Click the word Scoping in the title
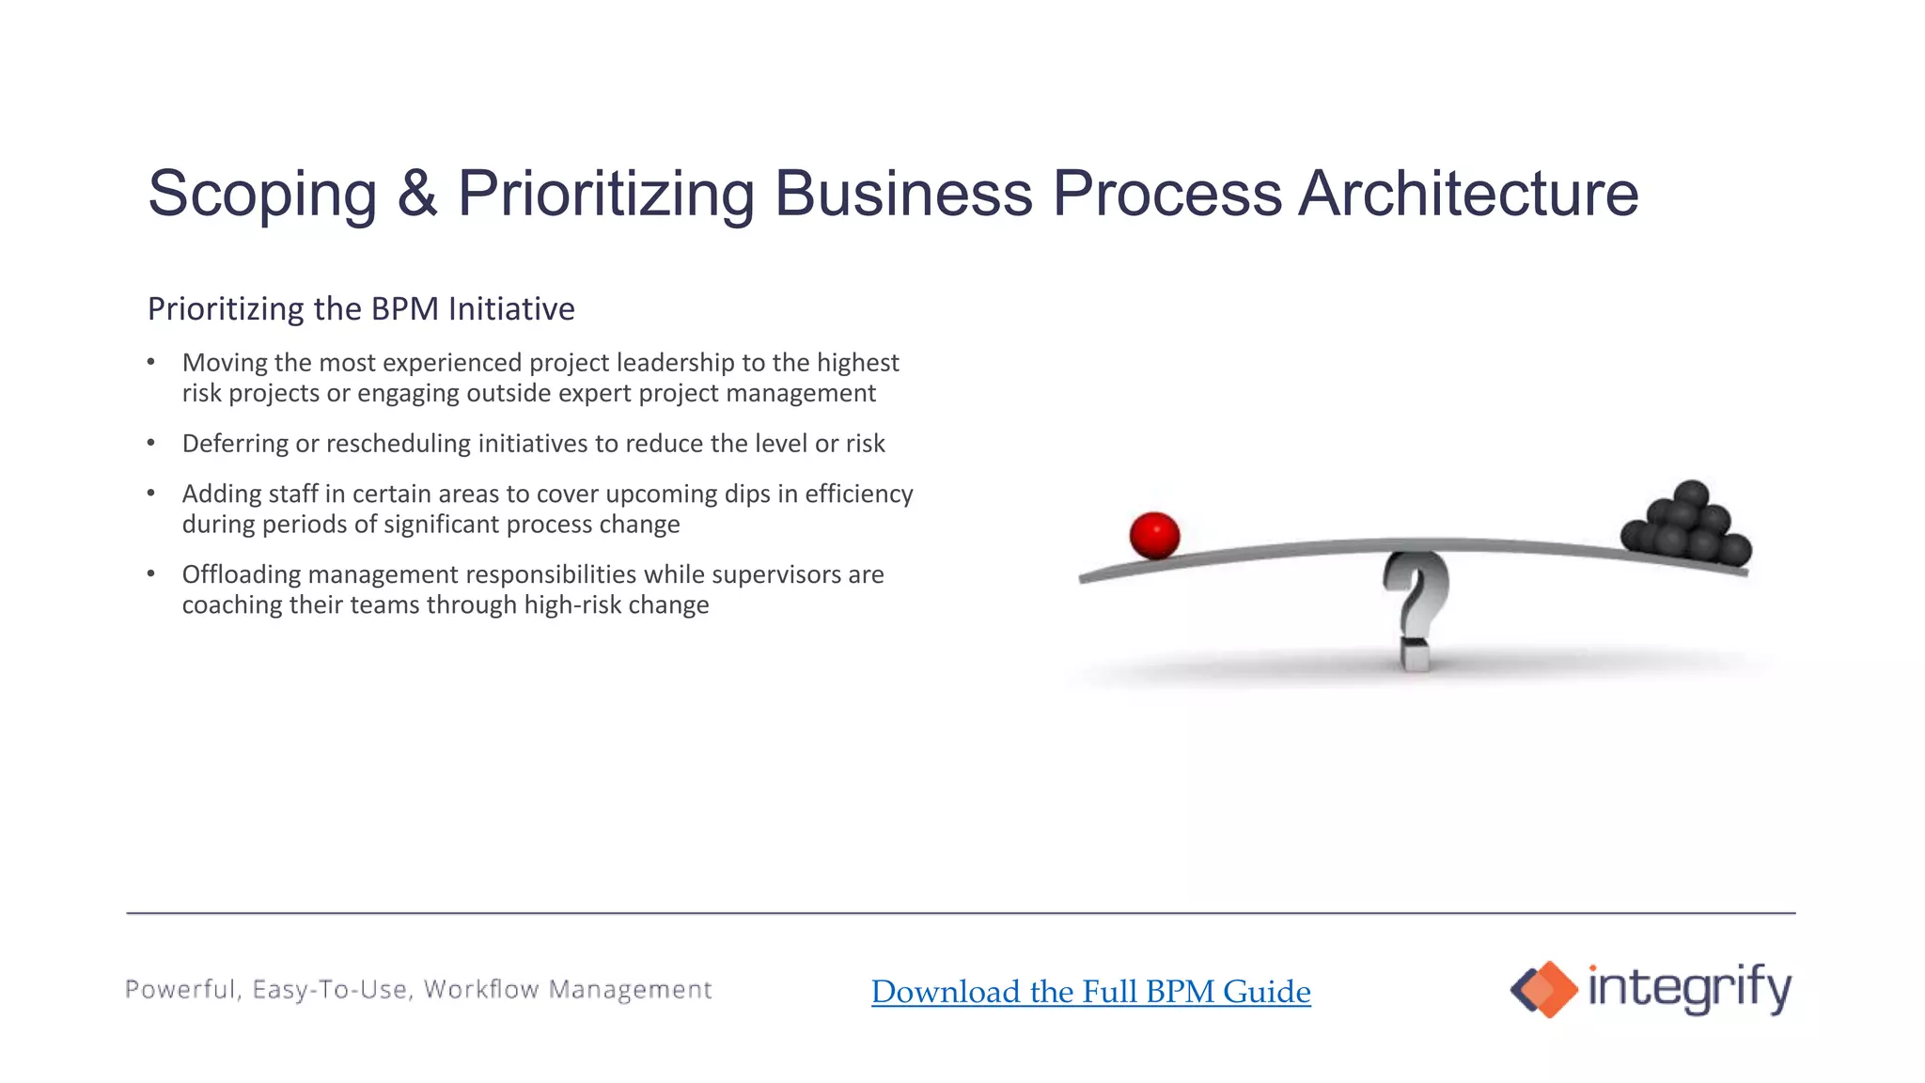click(262, 195)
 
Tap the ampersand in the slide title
click(416, 194)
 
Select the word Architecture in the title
click(1467, 194)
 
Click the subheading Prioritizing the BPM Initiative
click(361, 309)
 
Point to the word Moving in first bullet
click(226, 363)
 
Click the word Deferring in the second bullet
click(235, 444)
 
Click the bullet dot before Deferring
click(151, 443)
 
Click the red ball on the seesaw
click(1154, 535)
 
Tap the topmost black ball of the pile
click(1690, 494)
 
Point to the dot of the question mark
click(1415, 653)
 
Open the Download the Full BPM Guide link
click(1090, 992)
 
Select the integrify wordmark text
click(1689, 988)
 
